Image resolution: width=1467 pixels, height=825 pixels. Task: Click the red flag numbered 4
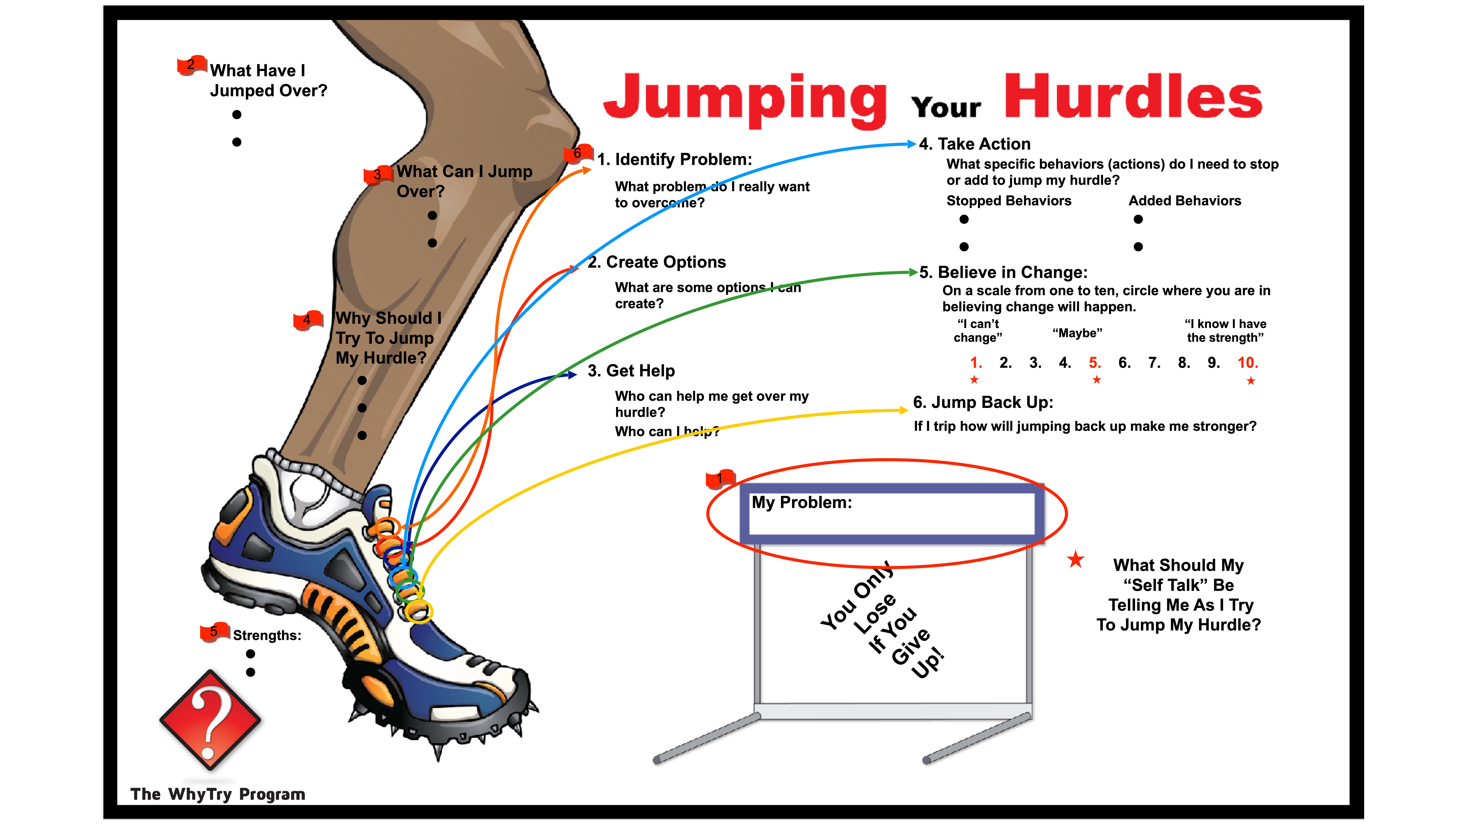tap(307, 320)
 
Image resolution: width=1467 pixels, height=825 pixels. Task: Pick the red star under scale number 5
tap(1096, 380)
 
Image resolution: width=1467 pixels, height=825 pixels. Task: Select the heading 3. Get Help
tap(631, 371)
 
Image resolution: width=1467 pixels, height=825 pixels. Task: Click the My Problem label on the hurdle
tap(801, 503)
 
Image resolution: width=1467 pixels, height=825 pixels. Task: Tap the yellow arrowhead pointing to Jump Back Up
tap(903, 410)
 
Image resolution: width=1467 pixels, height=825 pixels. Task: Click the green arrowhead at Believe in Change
tap(913, 272)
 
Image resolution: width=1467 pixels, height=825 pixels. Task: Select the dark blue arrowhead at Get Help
tap(572, 375)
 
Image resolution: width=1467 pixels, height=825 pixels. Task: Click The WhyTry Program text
tap(217, 794)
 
